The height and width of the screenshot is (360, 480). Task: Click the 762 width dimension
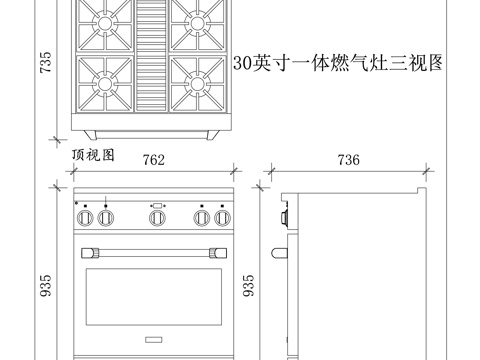click(153, 160)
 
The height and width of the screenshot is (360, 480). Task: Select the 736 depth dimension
click(348, 160)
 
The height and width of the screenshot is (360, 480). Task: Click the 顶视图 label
click(94, 155)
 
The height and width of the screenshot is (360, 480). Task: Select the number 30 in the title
click(242, 62)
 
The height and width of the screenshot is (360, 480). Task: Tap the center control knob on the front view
click(156, 217)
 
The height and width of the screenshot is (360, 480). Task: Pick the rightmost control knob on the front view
click(222, 217)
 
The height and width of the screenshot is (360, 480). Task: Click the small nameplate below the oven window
click(155, 338)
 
